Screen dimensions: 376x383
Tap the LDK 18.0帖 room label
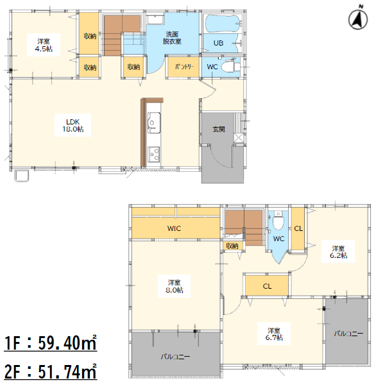(73, 125)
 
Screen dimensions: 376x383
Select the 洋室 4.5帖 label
(44, 45)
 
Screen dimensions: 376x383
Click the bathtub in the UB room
(222, 24)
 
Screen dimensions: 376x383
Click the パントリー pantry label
(184, 67)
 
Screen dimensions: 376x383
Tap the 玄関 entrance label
(219, 129)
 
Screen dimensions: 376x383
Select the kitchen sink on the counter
(154, 123)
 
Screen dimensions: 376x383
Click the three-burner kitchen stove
(154, 154)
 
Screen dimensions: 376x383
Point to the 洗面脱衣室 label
(172, 37)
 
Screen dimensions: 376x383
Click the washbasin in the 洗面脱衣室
(155, 19)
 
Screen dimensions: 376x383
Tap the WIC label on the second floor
(174, 228)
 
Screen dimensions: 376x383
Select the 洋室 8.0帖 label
(174, 286)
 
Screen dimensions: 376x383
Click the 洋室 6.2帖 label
(338, 252)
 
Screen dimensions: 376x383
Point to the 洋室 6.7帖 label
(274, 334)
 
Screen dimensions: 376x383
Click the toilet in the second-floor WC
(278, 221)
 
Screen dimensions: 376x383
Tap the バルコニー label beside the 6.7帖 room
(348, 334)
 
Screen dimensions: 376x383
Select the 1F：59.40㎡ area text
(50, 343)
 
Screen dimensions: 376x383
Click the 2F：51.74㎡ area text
(50, 371)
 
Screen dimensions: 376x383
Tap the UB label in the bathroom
(218, 43)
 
